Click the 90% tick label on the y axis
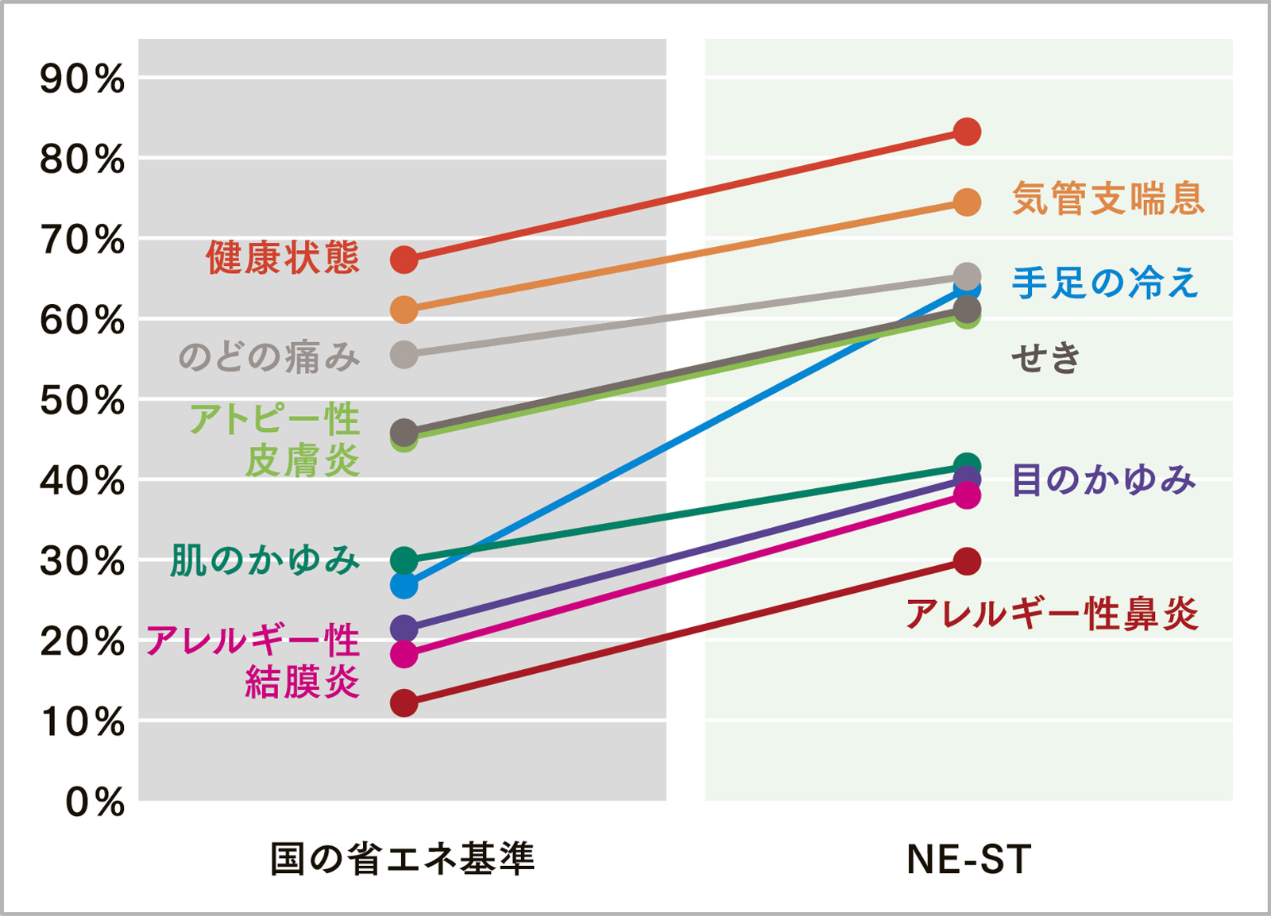coord(83,79)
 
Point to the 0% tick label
coord(95,802)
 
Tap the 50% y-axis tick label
coord(83,401)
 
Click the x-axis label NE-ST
coord(968,860)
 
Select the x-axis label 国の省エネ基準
coord(403,860)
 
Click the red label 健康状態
coord(283,258)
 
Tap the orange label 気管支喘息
coord(1108,198)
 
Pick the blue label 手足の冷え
coord(1104,283)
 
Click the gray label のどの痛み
coord(268,356)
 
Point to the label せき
coord(1045,357)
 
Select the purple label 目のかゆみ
coord(1103,480)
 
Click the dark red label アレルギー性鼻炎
coord(1052,614)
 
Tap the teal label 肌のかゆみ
coord(265,560)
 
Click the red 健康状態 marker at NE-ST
coord(967,131)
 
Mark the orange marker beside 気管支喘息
coord(967,202)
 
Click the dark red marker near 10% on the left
coord(404,703)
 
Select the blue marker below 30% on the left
coord(404,586)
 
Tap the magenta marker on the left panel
coord(404,654)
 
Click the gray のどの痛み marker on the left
coord(404,355)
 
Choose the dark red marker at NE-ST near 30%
coord(967,562)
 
